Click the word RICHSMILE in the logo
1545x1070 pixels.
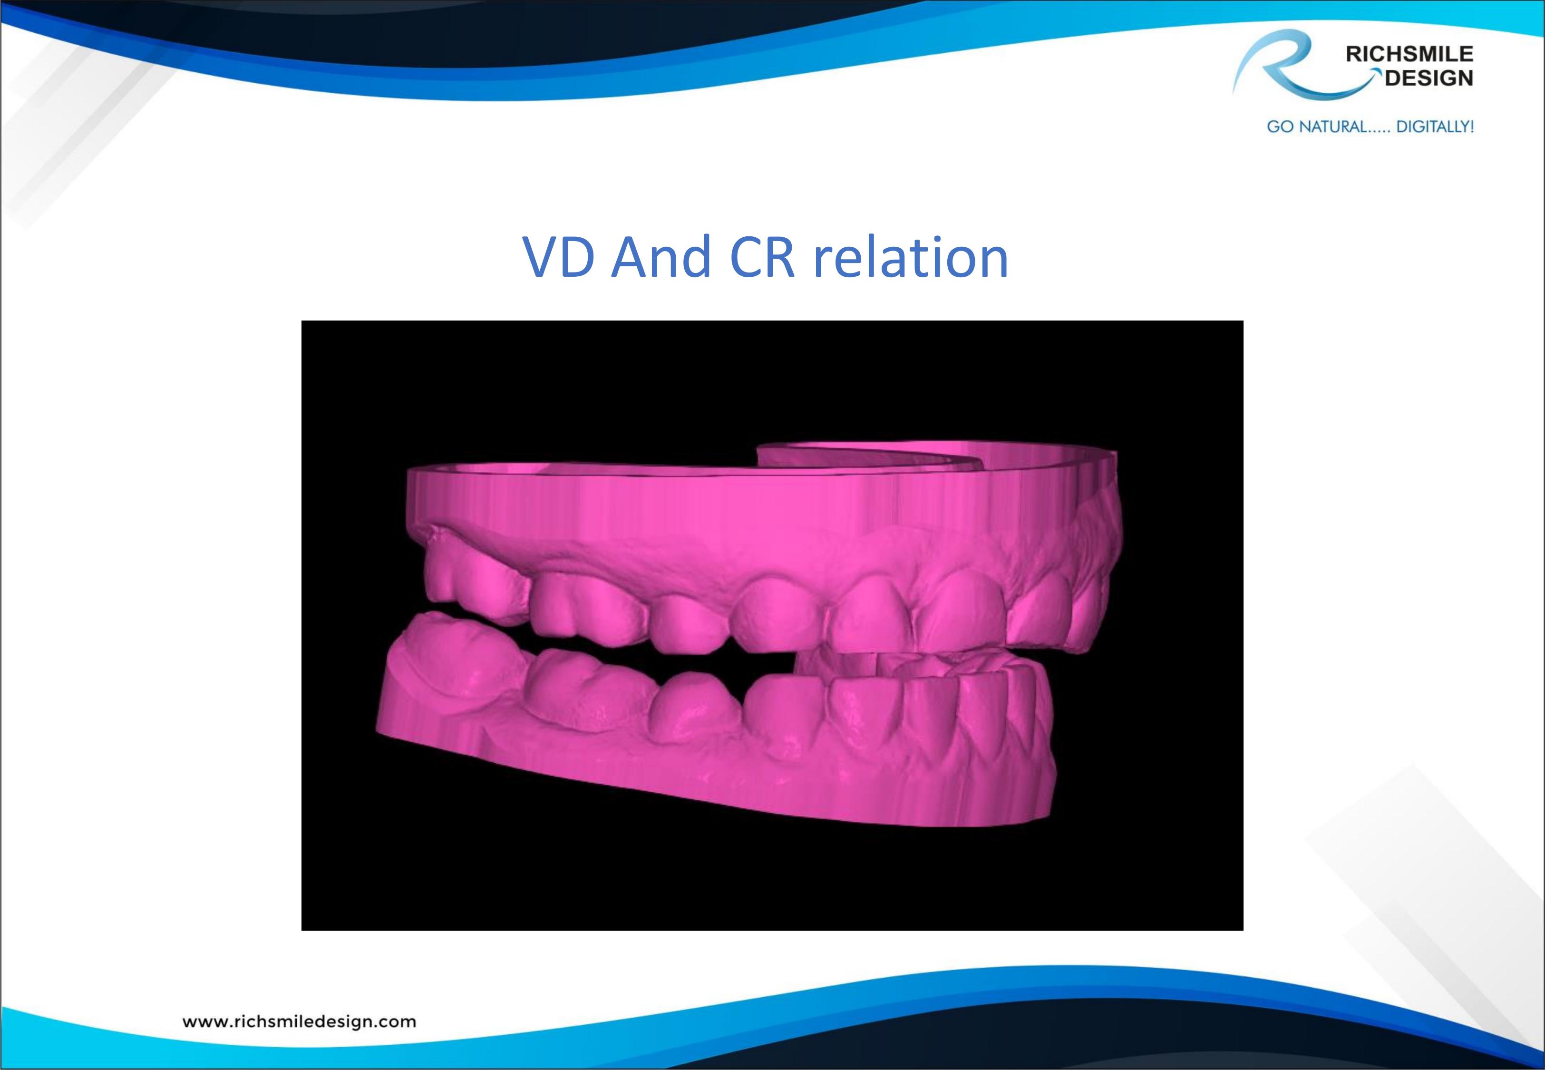coord(1409,54)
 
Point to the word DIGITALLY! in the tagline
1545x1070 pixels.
coord(1434,126)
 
